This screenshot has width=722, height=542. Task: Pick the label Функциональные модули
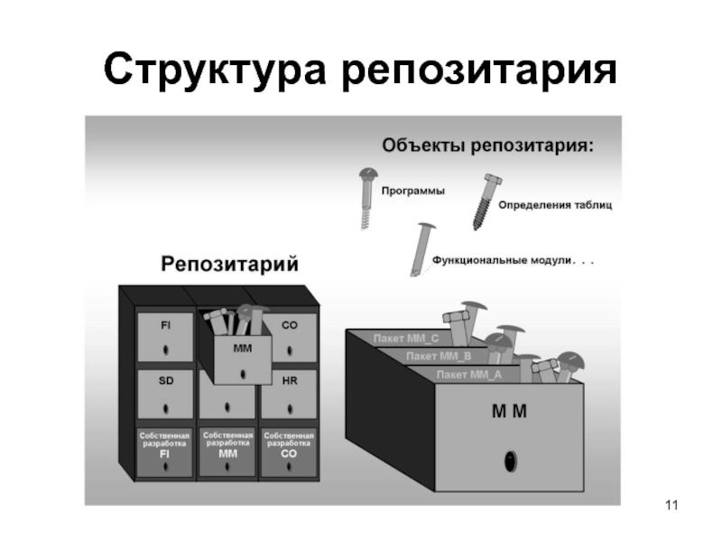(x=503, y=259)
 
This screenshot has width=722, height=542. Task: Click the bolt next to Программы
(x=368, y=195)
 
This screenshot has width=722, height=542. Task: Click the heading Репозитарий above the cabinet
(x=229, y=264)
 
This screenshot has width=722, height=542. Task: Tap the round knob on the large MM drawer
(x=510, y=461)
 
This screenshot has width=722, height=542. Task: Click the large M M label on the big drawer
(x=509, y=411)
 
